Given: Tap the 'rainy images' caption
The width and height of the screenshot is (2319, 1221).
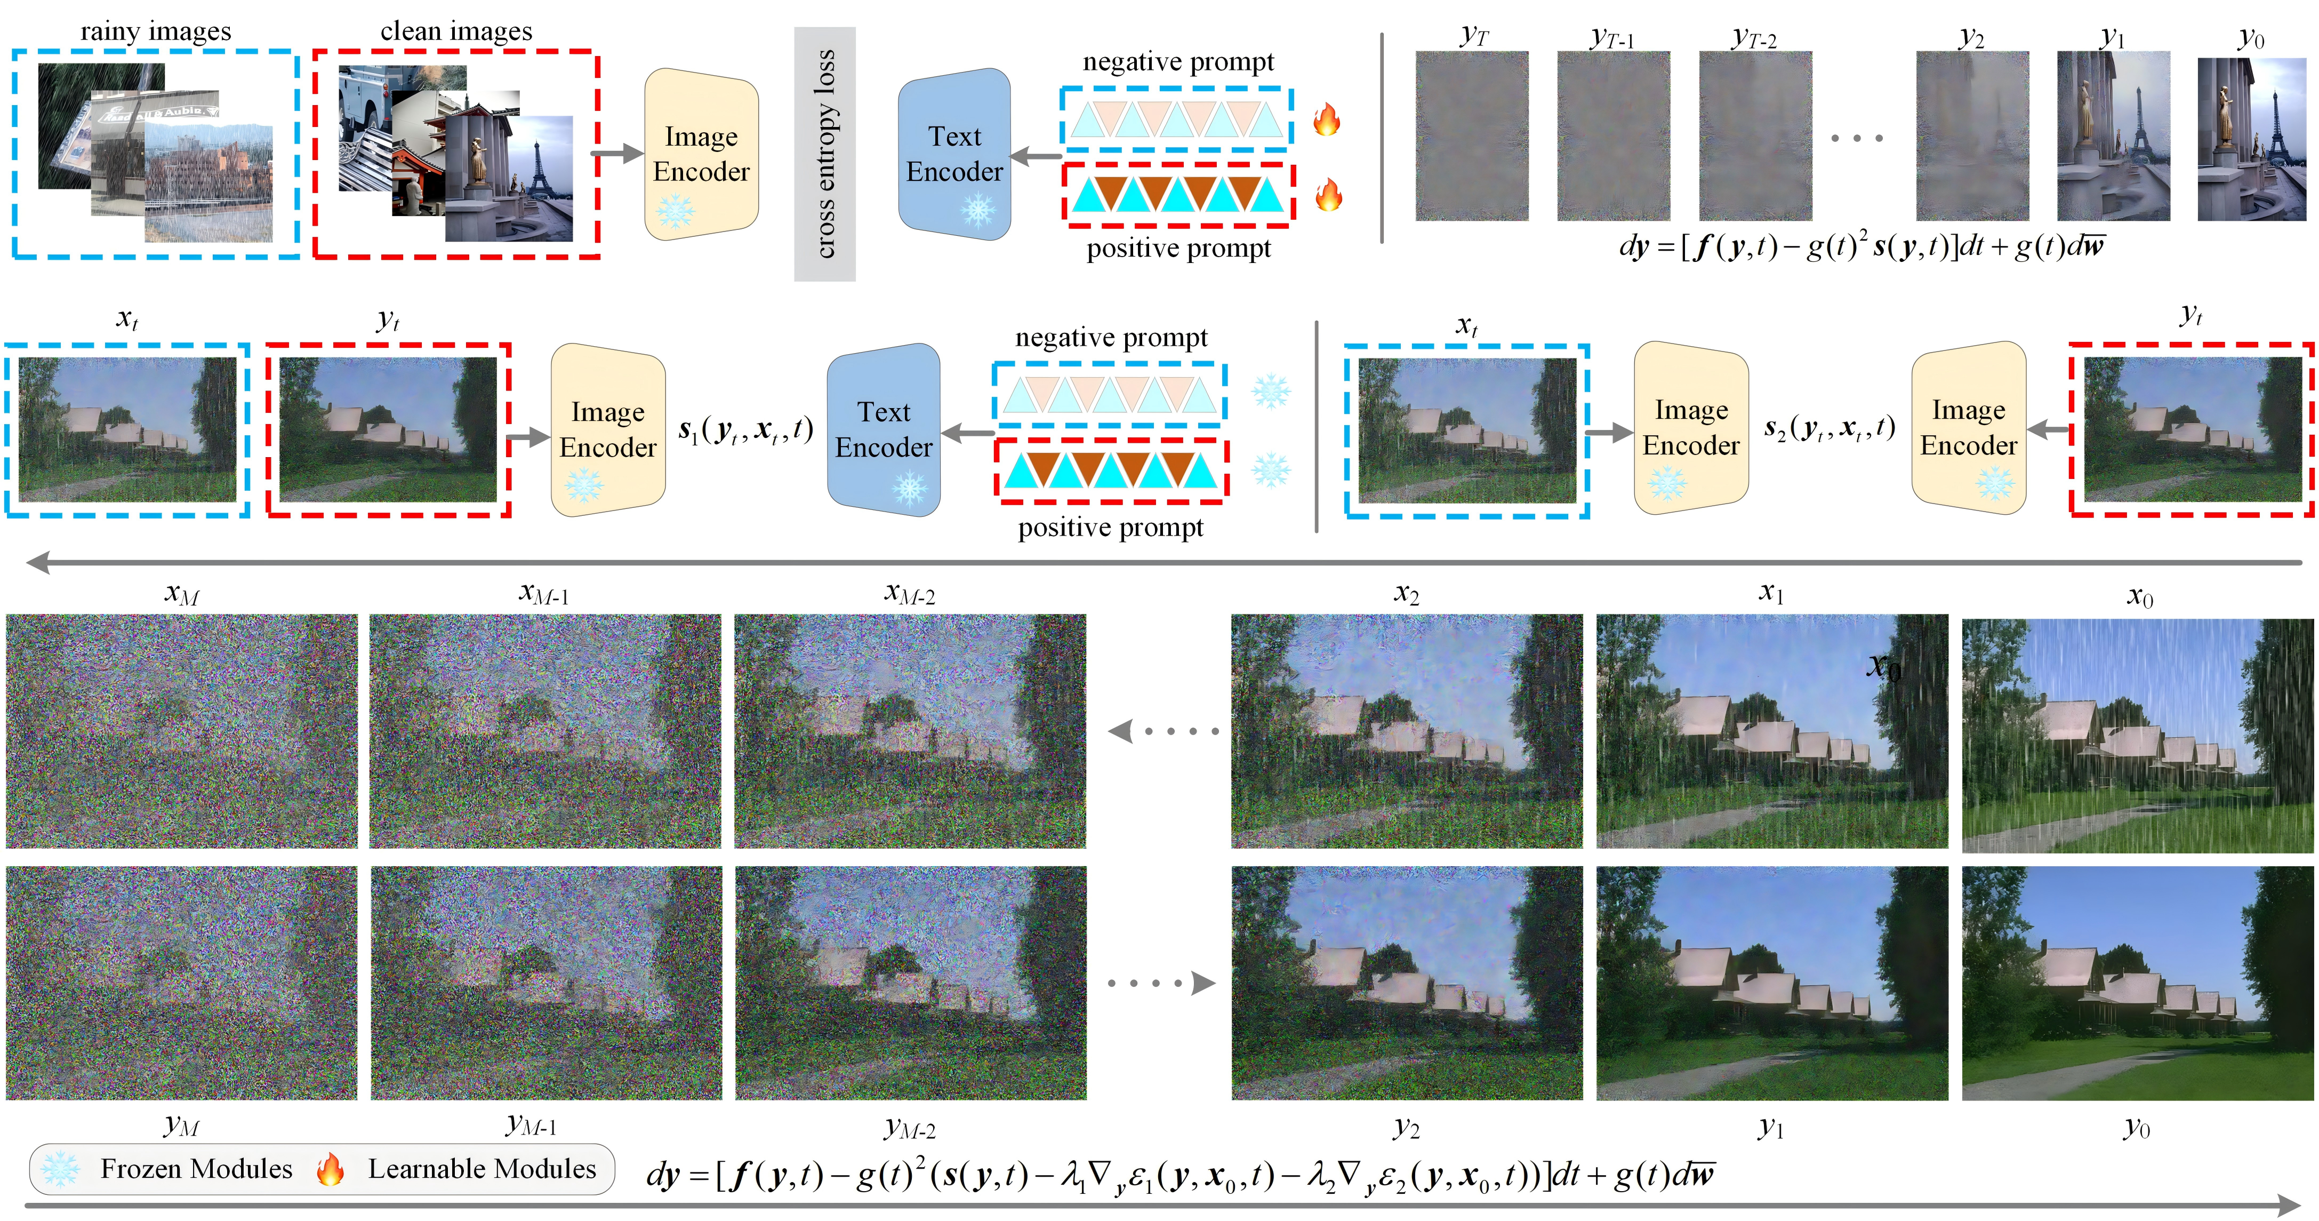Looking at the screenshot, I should point(156,31).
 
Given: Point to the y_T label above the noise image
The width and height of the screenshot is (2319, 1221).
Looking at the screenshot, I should point(1474,36).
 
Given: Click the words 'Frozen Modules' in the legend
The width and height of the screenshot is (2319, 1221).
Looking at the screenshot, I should point(196,1169).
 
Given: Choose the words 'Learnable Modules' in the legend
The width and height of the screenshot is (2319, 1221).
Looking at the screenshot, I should point(482,1169).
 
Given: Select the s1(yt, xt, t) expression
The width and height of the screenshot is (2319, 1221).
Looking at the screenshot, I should point(745,430).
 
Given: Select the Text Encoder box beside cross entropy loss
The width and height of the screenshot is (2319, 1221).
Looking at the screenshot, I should point(954,154).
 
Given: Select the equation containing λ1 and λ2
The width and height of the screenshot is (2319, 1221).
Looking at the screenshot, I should point(1179,1175).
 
